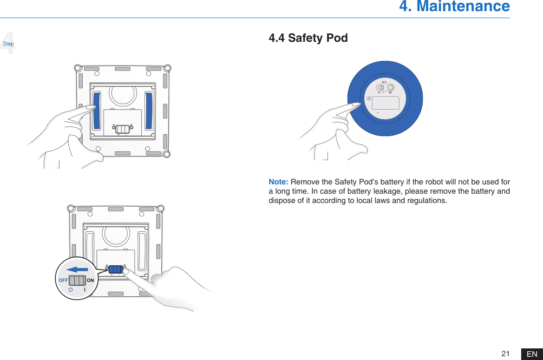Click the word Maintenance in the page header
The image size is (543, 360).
click(x=463, y=7)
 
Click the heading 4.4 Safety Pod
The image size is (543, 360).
click(x=308, y=38)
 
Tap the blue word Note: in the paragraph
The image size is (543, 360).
click(x=279, y=181)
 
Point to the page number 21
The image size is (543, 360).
click(x=505, y=354)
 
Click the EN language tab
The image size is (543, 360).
click(x=532, y=354)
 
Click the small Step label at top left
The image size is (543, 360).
click(x=8, y=44)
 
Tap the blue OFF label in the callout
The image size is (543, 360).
click(x=63, y=281)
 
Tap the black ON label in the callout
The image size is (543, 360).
click(x=90, y=281)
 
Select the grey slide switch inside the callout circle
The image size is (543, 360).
click(x=77, y=281)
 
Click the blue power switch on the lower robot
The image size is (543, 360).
click(x=116, y=269)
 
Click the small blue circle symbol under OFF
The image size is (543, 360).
click(x=70, y=289)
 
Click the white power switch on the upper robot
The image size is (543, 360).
click(x=122, y=129)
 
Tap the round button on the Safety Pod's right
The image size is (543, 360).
click(x=391, y=87)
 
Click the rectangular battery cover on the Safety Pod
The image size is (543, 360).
click(x=386, y=103)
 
